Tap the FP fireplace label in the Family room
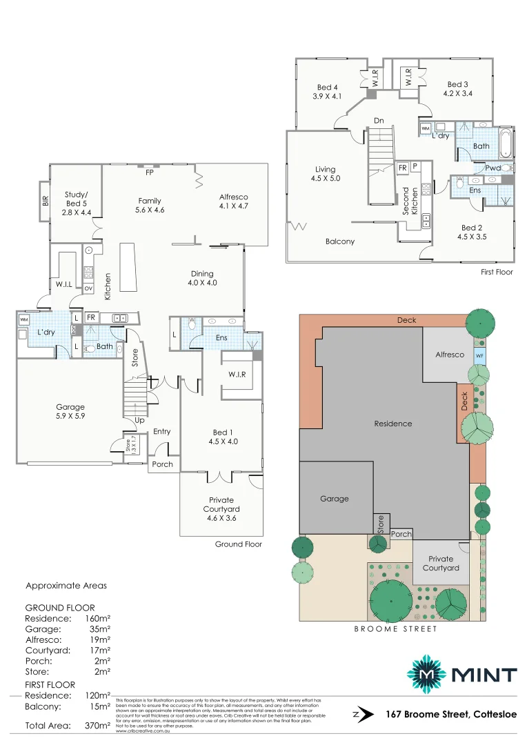149,172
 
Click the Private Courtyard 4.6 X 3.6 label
221,508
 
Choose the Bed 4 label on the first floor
327,92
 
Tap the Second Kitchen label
411,201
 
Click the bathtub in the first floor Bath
506,143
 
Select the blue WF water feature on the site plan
479,355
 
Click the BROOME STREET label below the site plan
396,628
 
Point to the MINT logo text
486,674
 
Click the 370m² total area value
97,726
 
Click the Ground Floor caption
239,544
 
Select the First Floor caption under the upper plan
497,272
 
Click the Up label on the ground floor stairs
140,420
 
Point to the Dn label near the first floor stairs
379,121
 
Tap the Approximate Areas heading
66,586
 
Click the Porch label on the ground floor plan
163,464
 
